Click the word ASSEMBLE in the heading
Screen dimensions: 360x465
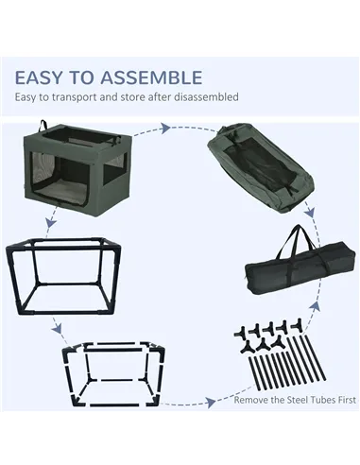151,77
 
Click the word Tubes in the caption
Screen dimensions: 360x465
323,400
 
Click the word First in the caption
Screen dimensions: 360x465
347,400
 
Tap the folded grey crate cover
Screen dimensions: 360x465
260,168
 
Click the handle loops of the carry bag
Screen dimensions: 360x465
296,244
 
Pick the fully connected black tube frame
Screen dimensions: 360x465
63,276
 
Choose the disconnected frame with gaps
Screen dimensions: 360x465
113,374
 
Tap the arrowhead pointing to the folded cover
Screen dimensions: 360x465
165,129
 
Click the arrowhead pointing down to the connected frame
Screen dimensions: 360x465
50,223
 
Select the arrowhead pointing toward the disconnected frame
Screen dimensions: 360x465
57,329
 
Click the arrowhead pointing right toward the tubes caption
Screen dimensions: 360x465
211,402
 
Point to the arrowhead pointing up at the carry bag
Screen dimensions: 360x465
317,304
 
